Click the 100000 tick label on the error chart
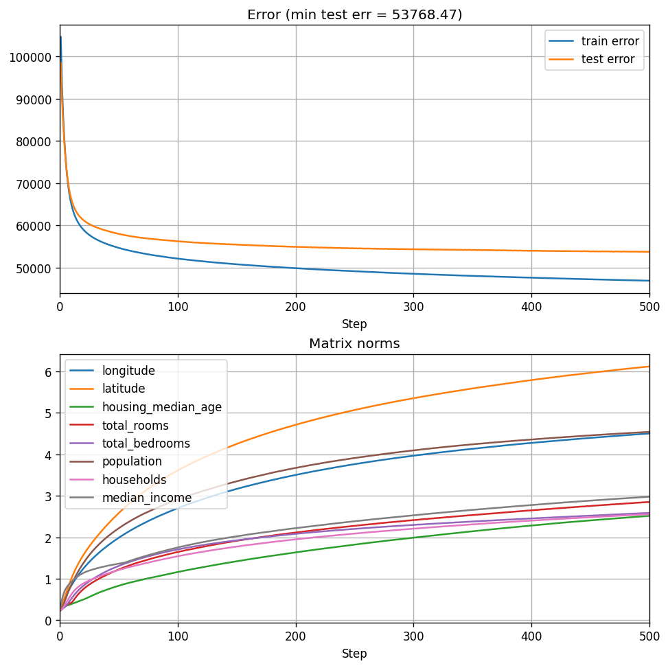pos(31,57)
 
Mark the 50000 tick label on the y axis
pos(34,268)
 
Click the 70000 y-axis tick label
pos(34,183)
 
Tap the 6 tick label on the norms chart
pos(49,371)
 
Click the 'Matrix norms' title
pos(354,343)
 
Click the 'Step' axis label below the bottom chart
pos(354,654)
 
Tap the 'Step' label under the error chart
pos(354,324)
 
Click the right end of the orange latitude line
pos(649,367)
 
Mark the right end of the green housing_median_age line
pos(649,515)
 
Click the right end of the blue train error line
pos(649,281)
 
